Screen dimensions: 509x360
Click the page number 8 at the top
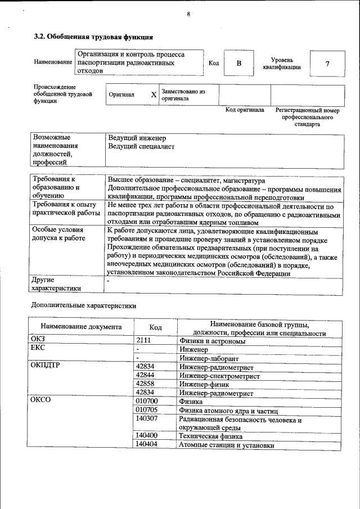[188, 14]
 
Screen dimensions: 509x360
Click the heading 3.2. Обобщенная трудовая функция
[93, 37]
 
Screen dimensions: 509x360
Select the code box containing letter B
[238, 63]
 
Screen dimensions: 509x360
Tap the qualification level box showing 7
[327, 63]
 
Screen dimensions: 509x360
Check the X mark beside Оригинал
[154, 94]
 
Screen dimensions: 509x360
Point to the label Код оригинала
[245, 110]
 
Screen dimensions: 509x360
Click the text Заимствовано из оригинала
[183, 94]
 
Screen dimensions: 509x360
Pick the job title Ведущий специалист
[141, 147]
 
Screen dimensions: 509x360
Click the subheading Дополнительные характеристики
[83, 305]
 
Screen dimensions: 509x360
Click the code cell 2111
[144, 341]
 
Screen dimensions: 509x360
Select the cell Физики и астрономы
[212, 341]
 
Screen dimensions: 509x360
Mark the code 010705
[146, 411]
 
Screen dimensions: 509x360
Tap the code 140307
[146, 419]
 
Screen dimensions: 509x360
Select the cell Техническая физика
[211, 436]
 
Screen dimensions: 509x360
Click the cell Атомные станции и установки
[227, 445]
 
